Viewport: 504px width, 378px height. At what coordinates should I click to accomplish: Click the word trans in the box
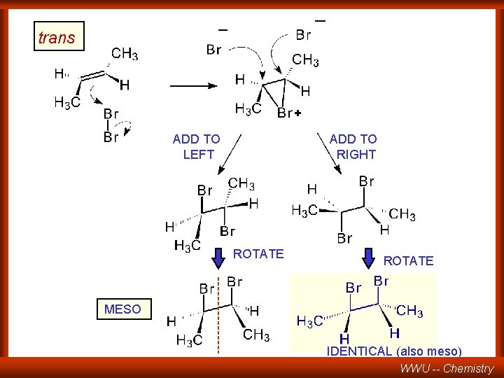(57, 38)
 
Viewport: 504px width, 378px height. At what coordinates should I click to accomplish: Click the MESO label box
(122, 309)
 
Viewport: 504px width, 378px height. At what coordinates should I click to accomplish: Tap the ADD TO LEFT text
(197, 147)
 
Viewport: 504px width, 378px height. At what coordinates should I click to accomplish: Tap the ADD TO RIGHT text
(353, 147)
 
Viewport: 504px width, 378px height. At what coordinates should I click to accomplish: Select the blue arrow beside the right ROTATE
(369, 258)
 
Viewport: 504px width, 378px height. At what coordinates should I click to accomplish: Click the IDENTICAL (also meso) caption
(394, 351)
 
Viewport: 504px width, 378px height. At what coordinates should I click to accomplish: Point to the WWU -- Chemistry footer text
(447, 368)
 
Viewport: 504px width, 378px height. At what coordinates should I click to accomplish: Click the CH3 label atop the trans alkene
(125, 53)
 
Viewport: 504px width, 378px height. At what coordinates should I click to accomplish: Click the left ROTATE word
(258, 254)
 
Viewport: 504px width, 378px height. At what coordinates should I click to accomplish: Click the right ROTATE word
(408, 261)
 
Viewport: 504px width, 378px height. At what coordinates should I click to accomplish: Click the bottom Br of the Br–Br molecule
(111, 137)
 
